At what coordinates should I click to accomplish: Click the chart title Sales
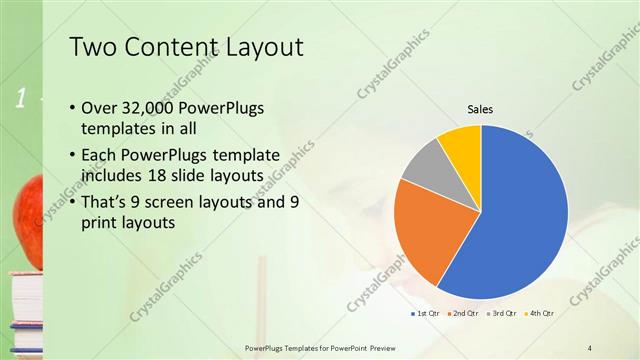tap(481, 109)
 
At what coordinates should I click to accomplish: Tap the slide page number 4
tap(590, 347)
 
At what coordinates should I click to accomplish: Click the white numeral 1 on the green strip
tap(19, 97)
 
